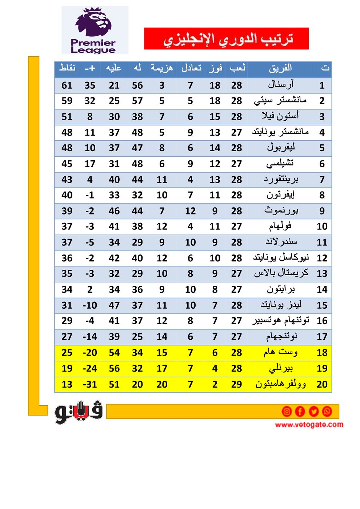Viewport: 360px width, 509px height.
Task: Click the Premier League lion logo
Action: (94, 23)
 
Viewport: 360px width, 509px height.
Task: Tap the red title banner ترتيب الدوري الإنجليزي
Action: (226, 39)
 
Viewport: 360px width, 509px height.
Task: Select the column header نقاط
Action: (67, 68)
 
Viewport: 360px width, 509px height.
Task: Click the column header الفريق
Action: (280, 68)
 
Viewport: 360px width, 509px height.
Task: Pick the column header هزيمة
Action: (162, 68)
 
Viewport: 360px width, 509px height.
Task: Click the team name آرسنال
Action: (280, 85)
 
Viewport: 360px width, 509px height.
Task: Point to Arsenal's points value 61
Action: (67, 85)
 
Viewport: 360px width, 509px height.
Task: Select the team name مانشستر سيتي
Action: (280, 101)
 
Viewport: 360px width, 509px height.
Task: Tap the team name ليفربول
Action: (280, 148)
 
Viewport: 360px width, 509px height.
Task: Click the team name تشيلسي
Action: (280, 164)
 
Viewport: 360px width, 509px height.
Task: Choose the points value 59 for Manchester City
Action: (67, 101)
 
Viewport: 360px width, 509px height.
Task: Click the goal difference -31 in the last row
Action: (90, 385)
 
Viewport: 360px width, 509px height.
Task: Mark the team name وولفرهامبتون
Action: (280, 384)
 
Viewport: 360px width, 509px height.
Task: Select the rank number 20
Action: (322, 385)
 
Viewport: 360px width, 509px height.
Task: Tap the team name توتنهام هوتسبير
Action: (280, 321)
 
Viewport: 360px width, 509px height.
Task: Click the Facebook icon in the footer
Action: (300, 411)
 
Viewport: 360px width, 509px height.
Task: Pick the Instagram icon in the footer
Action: (287, 411)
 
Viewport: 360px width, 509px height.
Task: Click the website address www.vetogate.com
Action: (309, 425)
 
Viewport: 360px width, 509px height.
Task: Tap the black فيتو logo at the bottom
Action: (79, 412)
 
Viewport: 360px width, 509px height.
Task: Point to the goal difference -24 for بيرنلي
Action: (90, 369)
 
